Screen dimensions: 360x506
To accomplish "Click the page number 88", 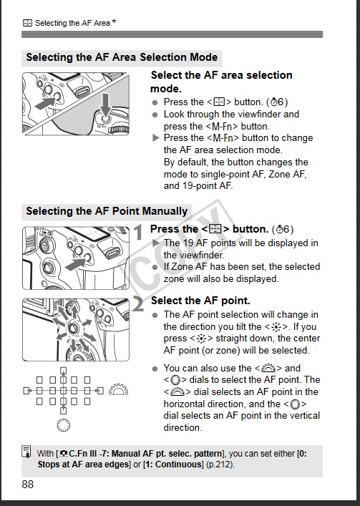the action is pos(27,485).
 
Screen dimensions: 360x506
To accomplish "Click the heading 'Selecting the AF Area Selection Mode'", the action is pos(122,57).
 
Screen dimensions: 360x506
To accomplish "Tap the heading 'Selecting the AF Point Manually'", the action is pos(107,211).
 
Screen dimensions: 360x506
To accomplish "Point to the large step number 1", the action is pos(138,232).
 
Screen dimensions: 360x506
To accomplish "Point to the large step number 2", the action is pos(138,304).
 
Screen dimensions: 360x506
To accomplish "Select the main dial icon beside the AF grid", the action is pos(118,389).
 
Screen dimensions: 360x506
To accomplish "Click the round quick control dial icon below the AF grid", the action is pos(64,425).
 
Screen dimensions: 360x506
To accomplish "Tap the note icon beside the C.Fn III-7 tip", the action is pos(26,452).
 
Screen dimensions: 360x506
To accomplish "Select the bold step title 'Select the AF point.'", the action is pos(200,301).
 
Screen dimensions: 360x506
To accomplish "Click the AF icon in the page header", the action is pos(27,23).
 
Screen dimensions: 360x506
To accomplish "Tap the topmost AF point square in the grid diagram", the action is pos(64,370).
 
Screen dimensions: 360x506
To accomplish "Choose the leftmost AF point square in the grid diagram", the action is pos(26,391).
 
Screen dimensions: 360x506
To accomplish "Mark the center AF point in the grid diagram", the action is pos(64,391).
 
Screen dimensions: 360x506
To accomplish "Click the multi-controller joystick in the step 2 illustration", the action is pos(73,329).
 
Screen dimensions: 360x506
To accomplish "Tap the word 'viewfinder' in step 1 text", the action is pos(193,256).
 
